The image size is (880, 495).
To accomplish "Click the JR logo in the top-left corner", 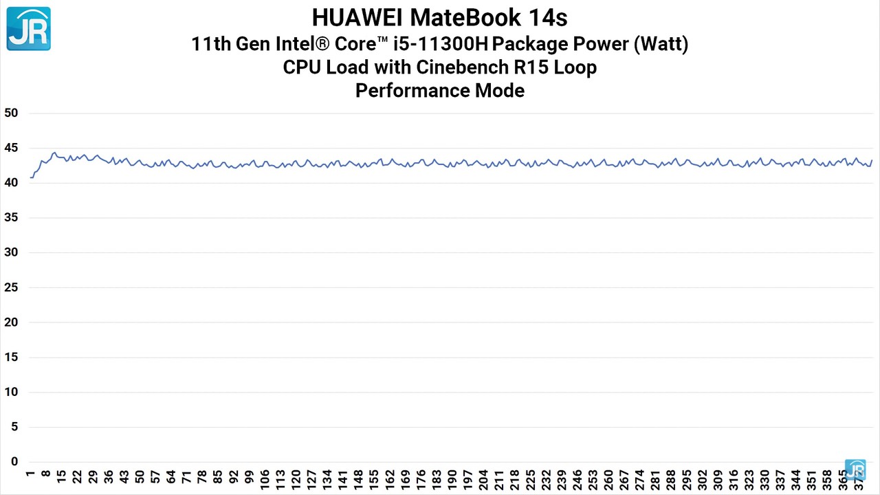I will [x=28, y=28].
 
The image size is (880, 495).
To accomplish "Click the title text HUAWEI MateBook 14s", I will [x=439, y=16].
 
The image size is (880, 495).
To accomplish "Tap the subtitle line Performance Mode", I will [x=439, y=90].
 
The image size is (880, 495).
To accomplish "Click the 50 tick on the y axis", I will [x=11, y=113].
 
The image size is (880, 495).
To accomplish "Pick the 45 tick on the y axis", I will [x=11, y=148].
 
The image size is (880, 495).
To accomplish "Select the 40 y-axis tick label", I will [x=11, y=183].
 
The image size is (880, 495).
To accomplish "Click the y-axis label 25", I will [x=11, y=287].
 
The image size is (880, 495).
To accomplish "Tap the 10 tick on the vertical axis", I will [x=11, y=392].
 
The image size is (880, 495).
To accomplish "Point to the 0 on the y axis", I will [x=14, y=462].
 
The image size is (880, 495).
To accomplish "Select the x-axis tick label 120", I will [x=296, y=480].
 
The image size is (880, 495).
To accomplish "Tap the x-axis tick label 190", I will [x=452, y=480].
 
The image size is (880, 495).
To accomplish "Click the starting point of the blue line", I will [x=31, y=177].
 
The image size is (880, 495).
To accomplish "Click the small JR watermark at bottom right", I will [x=855, y=470].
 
